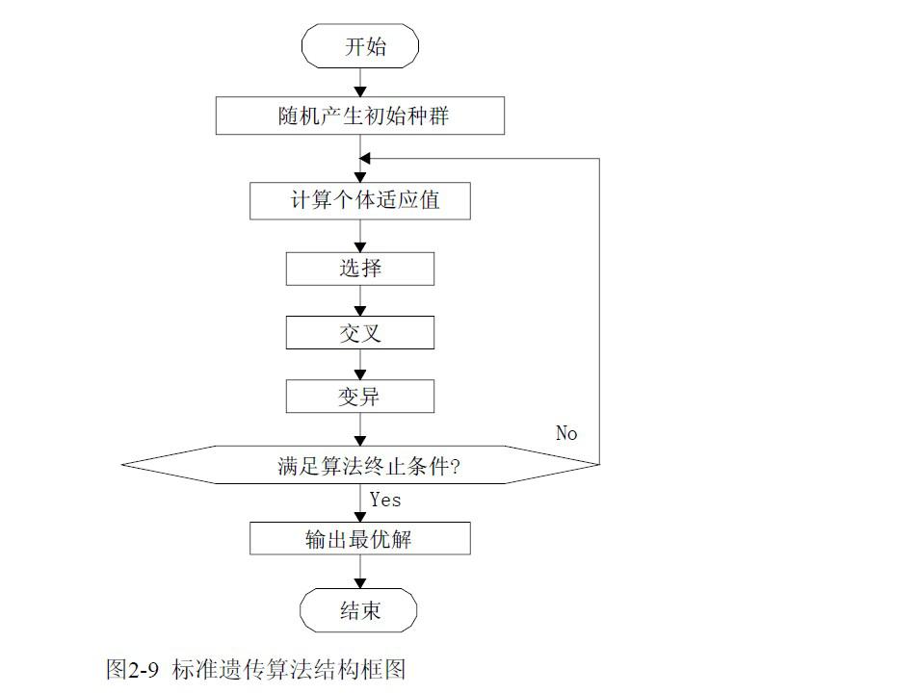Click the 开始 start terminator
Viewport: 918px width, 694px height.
pyautogui.click(x=360, y=47)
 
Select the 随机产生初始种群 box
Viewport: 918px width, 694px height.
pyautogui.click(x=360, y=117)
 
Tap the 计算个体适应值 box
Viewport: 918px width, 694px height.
pyautogui.click(x=360, y=202)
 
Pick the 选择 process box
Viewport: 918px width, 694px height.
pyautogui.click(x=360, y=269)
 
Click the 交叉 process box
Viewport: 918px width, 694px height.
pyautogui.click(x=360, y=332)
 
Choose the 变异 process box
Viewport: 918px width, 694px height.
pyautogui.click(x=360, y=397)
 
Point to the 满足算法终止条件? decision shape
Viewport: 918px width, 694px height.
pyautogui.click(x=360, y=466)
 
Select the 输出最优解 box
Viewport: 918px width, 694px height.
pyautogui.click(x=360, y=538)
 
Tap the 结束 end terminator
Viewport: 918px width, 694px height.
pyautogui.click(x=360, y=610)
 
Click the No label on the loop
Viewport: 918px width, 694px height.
pyautogui.click(x=566, y=433)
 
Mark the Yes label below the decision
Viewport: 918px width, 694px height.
pyautogui.click(x=385, y=500)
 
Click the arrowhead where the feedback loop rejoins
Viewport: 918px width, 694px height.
pyautogui.click(x=366, y=158)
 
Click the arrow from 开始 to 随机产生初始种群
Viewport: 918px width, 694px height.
pyautogui.click(x=360, y=83)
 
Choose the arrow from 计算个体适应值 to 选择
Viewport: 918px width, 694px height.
pyautogui.click(x=360, y=236)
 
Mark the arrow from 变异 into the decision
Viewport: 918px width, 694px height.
pyautogui.click(x=360, y=430)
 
